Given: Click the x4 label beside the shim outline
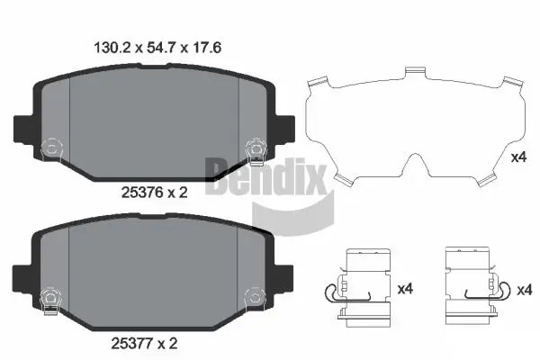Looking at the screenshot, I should click(518, 157).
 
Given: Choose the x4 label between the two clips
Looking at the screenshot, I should click(405, 289).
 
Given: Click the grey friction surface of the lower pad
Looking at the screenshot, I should click(153, 270).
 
